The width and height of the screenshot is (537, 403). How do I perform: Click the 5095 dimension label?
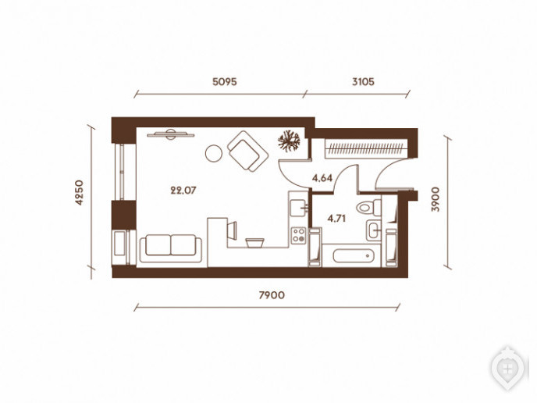225,82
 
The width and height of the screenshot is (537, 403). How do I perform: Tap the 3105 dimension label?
364,82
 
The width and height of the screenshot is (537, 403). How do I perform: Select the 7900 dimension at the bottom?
272,295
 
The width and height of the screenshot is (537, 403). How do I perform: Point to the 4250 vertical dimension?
79,193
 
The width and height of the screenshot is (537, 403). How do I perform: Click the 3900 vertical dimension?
436,199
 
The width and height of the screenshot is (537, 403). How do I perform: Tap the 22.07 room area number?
183,191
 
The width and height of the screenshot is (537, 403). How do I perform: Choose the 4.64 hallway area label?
322,178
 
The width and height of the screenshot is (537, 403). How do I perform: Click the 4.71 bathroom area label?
336,219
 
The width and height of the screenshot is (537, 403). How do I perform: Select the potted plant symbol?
289,141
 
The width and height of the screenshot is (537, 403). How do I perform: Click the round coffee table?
214,153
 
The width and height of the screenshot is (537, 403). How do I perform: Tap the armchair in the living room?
247,152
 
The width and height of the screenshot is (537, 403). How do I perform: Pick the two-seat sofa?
171,248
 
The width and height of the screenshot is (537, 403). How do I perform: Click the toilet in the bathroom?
368,207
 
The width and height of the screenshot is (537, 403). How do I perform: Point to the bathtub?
352,255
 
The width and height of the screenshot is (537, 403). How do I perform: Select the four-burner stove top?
298,235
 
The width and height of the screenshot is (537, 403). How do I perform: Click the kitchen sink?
298,208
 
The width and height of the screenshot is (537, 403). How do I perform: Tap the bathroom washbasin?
373,230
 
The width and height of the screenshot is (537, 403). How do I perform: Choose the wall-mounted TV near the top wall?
171,134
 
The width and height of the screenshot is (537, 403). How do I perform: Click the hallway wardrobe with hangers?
366,148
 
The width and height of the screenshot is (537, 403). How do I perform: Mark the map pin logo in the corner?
508,369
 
